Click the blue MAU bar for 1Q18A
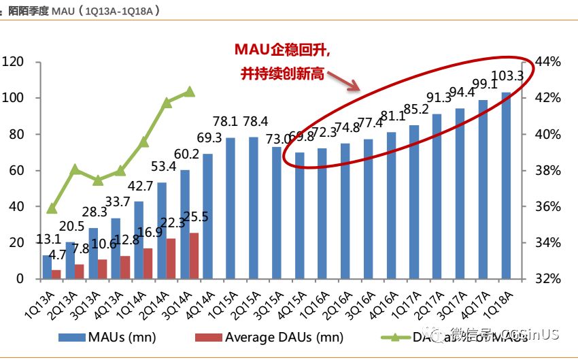506,185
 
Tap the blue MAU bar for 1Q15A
231,208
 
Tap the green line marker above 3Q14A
190,92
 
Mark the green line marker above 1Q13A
52,208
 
